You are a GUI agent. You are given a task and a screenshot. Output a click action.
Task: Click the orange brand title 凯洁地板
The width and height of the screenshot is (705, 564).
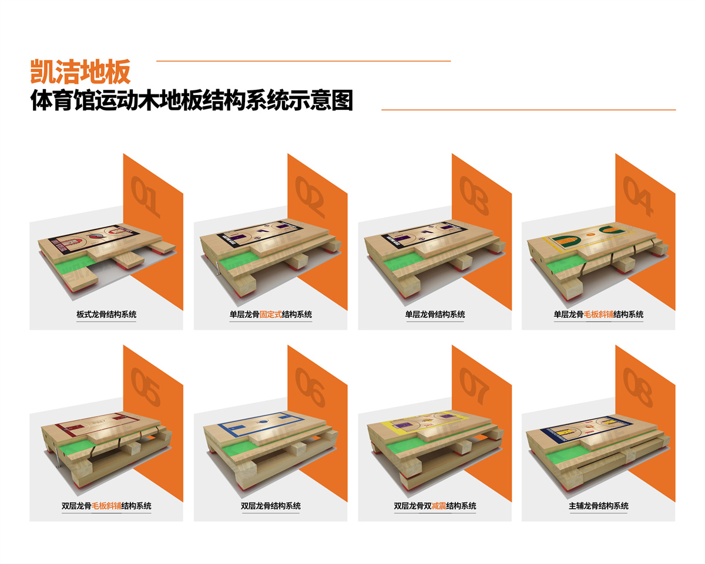pyautogui.click(x=80, y=72)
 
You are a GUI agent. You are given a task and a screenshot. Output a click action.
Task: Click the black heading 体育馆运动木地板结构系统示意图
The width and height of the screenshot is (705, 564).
pyautogui.click(x=192, y=100)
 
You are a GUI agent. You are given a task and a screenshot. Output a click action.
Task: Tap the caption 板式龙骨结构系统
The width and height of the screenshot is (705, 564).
pyautogui.click(x=106, y=314)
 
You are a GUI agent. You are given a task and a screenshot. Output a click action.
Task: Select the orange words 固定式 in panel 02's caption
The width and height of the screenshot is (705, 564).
pyautogui.click(x=270, y=314)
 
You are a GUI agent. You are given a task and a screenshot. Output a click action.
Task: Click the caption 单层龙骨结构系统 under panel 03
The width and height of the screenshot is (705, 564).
pyautogui.click(x=435, y=314)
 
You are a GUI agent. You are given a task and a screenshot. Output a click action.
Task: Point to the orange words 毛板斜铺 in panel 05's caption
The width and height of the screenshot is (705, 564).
pyautogui.click(x=106, y=506)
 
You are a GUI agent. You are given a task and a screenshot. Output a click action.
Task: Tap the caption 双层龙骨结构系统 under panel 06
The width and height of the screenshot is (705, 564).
pyautogui.click(x=271, y=506)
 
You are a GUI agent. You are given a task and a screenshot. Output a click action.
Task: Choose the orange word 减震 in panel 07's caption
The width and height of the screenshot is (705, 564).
pyautogui.click(x=439, y=506)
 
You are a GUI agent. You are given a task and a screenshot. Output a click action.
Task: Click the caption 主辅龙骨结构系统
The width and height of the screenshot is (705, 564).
pyautogui.click(x=599, y=506)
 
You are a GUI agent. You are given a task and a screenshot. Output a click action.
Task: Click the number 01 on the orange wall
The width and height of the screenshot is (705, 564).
pyautogui.click(x=145, y=197)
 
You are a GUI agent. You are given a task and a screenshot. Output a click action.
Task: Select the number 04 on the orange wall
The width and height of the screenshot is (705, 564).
pyautogui.click(x=638, y=196)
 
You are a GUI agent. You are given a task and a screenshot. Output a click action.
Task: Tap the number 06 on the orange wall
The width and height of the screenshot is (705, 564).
pyautogui.click(x=310, y=387)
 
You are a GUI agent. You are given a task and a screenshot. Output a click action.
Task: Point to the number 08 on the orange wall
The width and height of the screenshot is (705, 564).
pyautogui.click(x=637, y=387)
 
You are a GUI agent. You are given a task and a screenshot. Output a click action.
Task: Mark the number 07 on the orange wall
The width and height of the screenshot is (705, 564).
pyautogui.click(x=474, y=386)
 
